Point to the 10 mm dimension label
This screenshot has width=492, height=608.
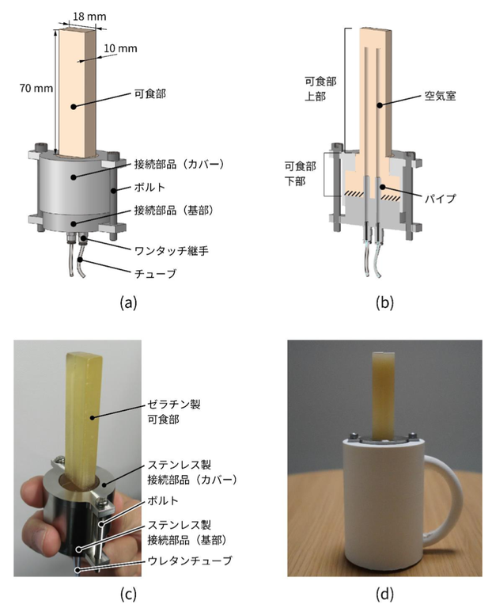[x=120, y=48]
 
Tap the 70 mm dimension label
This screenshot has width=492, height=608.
[x=36, y=89]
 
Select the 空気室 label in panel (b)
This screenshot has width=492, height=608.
[x=440, y=96]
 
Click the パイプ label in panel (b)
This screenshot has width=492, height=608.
[x=440, y=199]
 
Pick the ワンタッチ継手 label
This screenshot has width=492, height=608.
[x=171, y=251]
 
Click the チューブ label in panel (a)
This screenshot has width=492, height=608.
[x=155, y=274]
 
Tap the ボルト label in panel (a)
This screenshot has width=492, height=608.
[x=149, y=188]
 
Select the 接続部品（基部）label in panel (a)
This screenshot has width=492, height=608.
[x=174, y=211]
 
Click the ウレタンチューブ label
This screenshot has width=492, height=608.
[x=189, y=560]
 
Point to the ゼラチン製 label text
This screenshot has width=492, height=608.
[x=174, y=405]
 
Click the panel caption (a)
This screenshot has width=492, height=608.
[x=128, y=302]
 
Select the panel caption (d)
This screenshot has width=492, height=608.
[x=384, y=594]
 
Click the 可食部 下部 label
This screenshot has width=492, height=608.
[x=301, y=173]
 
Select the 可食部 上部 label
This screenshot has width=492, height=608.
[x=320, y=89]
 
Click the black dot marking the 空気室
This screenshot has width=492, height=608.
[x=380, y=104]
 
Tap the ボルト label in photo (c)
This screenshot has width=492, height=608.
[x=163, y=500]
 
